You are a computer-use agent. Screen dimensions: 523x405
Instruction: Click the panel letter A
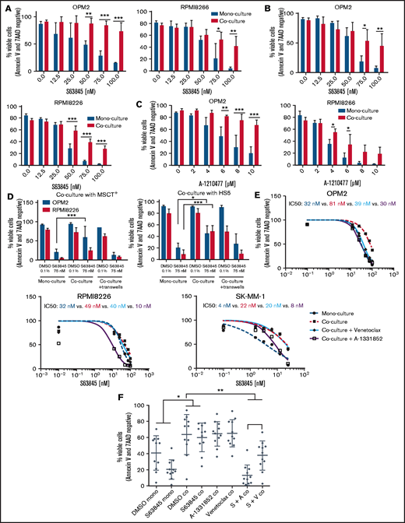[x=7, y=7]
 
